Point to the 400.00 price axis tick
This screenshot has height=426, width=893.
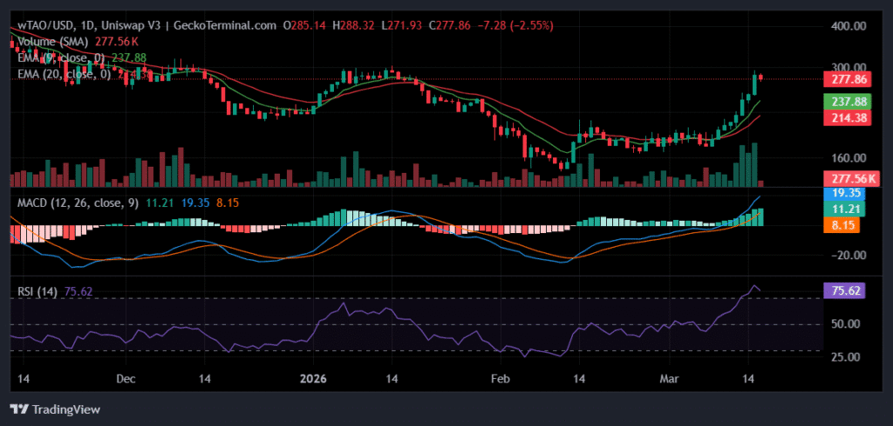844,26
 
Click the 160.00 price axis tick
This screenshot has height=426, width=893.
844,158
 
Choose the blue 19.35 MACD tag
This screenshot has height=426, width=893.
844,193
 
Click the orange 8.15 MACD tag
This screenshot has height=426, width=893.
844,224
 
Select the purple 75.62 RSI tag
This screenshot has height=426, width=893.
844,292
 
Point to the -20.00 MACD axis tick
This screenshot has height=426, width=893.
844,255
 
